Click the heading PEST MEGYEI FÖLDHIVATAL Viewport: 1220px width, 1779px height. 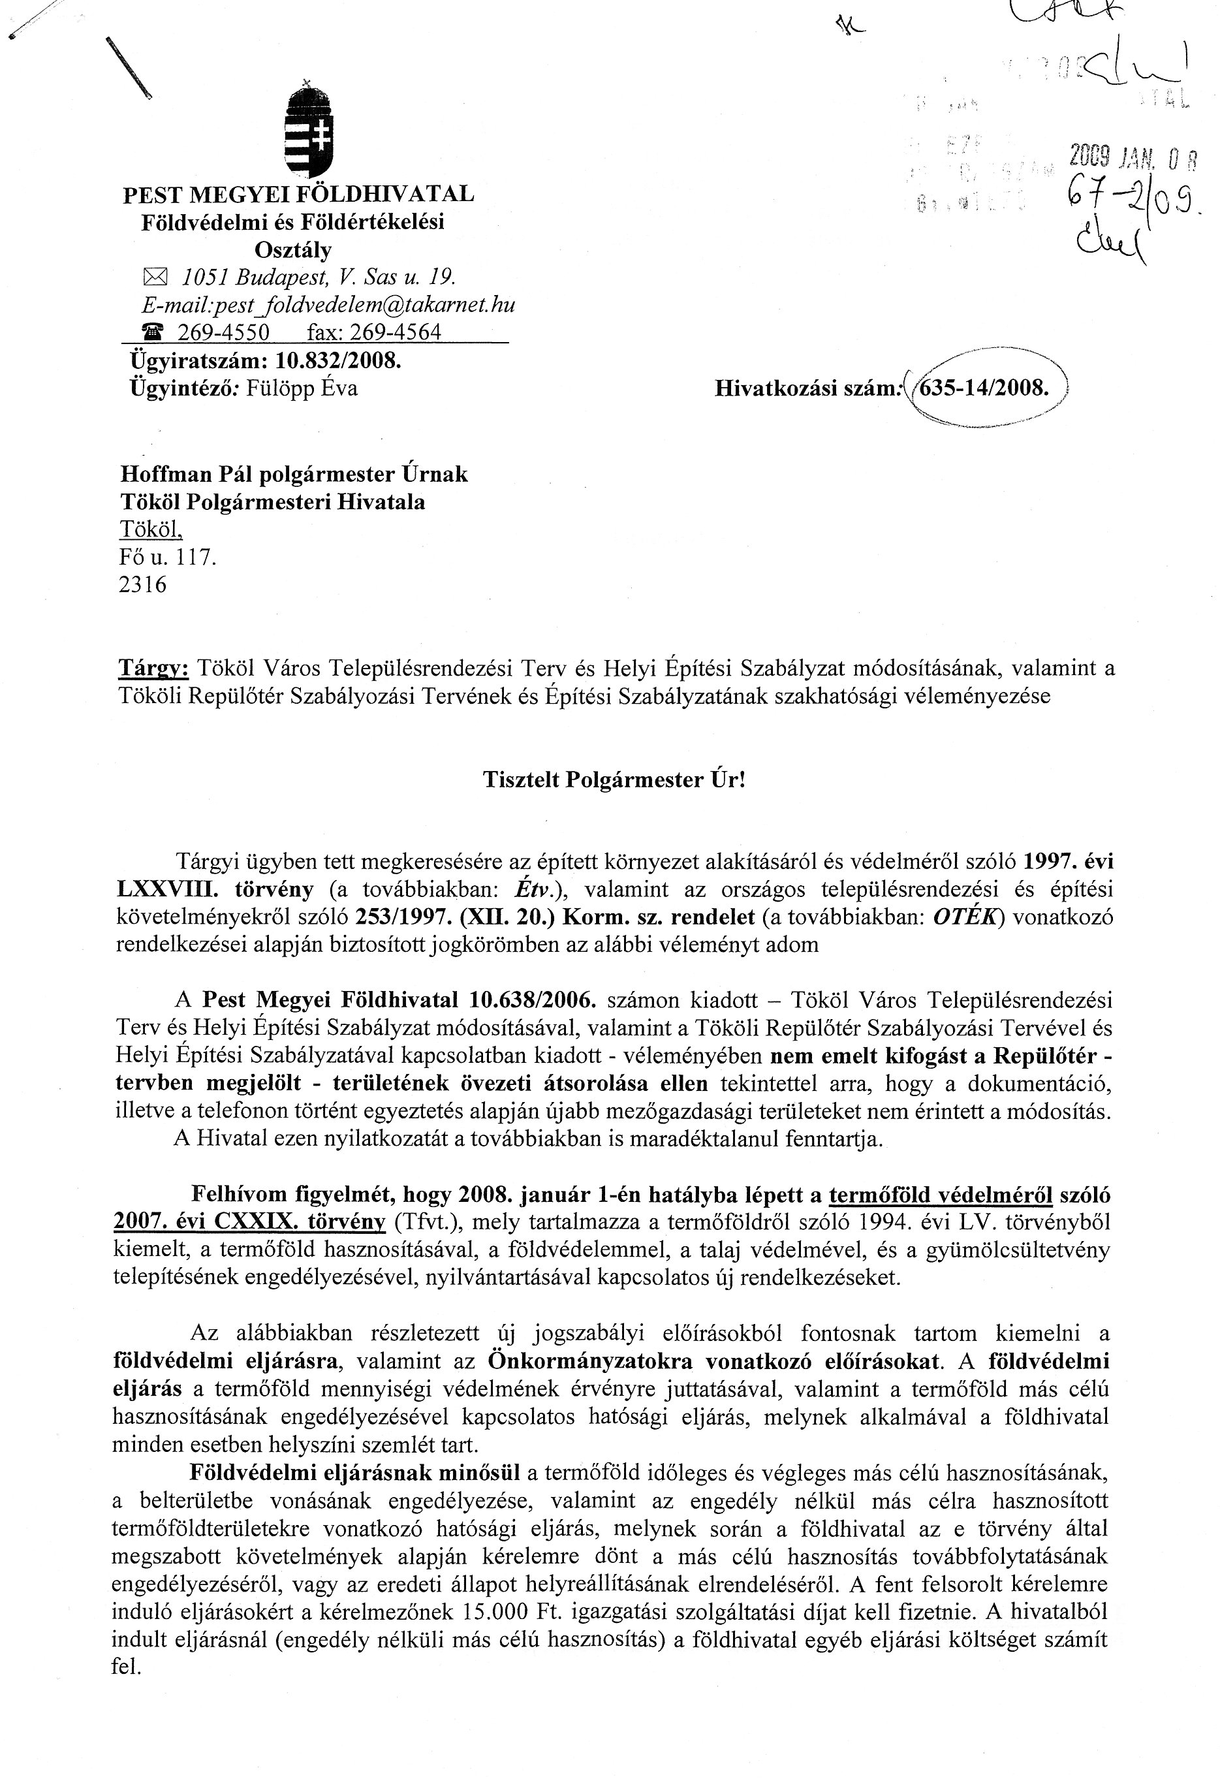[298, 194]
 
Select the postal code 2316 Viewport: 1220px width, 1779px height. [143, 585]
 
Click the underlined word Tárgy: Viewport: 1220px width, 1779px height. [153, 669]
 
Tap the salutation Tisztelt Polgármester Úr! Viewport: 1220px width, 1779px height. [614, 780]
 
